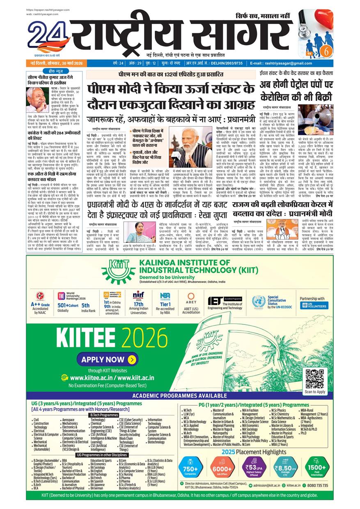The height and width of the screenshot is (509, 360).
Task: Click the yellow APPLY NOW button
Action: coord(108,359)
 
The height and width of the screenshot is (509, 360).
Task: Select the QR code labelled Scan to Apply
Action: coord(315,378)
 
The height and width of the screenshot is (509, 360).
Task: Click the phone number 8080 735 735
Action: coord(317,485)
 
